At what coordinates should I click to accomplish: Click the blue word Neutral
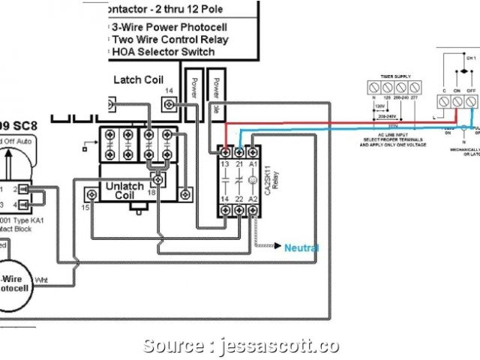(x=301, y=248)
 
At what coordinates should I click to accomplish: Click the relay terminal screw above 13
(x=224, y=152)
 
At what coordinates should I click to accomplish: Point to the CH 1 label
(x=471, y=58)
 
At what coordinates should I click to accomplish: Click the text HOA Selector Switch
(x=163, y=52)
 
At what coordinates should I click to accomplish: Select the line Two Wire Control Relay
(x=170, y=39)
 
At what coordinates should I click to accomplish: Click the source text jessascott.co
(x=277, y=346)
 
